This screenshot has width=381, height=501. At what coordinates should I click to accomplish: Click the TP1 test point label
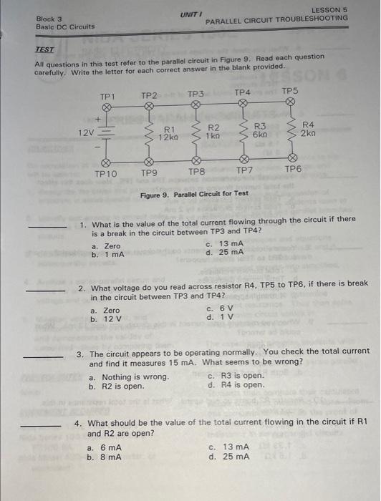pos(108,95)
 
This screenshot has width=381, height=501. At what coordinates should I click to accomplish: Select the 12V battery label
pos(86,132)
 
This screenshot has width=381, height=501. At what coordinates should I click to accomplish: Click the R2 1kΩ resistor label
pos(213,131)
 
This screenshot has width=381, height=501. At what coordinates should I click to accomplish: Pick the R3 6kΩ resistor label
pos(260,130)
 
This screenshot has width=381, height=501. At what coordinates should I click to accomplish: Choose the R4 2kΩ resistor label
pos(307,130)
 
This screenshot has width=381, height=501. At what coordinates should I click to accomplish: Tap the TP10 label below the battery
pos(106,173)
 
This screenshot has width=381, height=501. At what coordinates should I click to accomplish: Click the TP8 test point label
pos(196,172)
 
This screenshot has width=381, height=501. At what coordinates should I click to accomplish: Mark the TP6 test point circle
pos(291,159)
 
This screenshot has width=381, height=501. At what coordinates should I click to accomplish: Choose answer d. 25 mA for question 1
pos(225,252)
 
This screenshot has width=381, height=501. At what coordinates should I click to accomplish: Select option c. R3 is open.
pos(236,376)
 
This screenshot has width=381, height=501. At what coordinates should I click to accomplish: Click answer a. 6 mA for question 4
pos(104,447)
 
